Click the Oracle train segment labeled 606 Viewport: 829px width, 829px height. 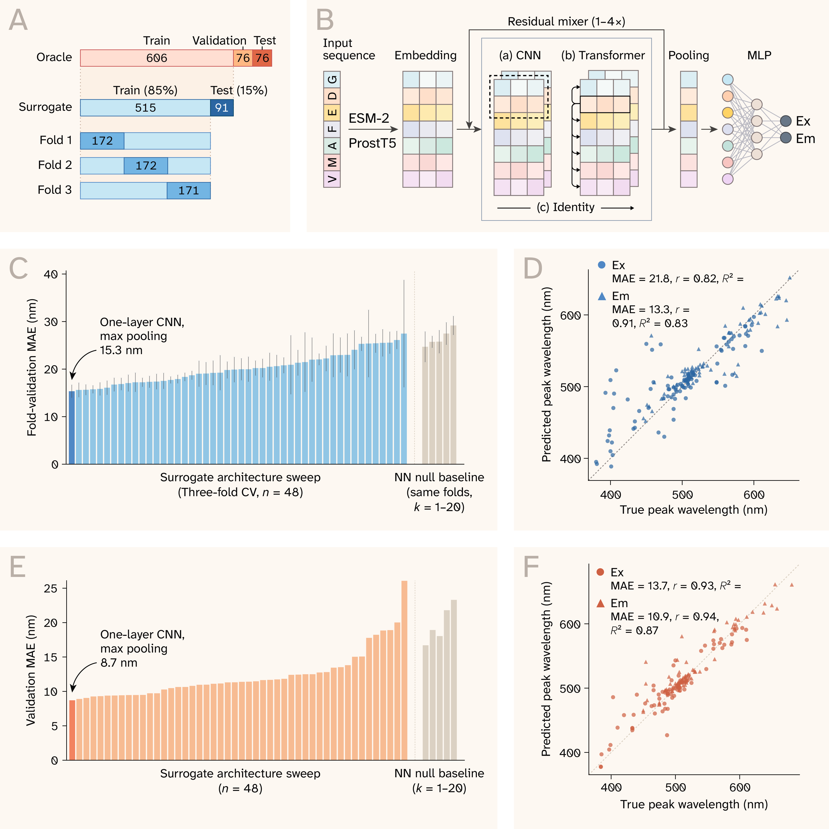(x=157, y=58)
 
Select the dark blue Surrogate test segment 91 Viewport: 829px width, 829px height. (x=222, y=108)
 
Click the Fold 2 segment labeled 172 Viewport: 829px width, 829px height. (x=146, y=166)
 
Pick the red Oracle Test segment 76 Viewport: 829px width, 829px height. (x=262, y=58)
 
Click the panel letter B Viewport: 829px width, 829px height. (x=325, y=20)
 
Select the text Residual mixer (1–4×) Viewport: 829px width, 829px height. (x=566, y=21)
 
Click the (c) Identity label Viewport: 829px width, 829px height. (x=566, y=207)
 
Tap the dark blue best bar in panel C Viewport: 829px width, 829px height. (x=72, y=427)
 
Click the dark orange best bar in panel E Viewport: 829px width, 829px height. (x=72, y=730)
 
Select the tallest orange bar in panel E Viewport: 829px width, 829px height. (x=404, y=670)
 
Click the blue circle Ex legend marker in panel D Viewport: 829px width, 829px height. (x=602, y=265)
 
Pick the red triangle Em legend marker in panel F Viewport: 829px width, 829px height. (x=601, y=603)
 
